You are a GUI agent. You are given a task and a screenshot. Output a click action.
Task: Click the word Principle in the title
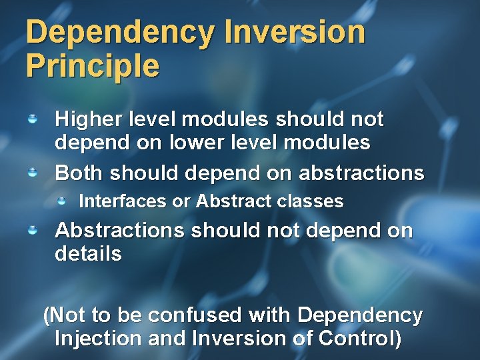coord(93,66)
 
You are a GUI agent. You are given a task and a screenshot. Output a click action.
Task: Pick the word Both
coord(79,173)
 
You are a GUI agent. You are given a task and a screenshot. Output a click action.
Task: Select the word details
coord(88,254)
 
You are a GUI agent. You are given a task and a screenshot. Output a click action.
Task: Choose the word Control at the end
coord(360,338)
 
